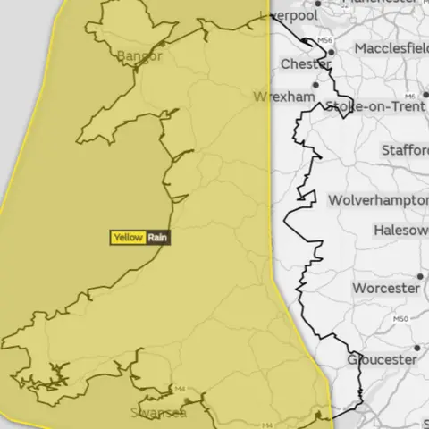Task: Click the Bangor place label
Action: click(x=139, y=56)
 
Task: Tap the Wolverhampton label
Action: click(x=377, y=200)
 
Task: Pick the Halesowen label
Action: click(x=402, y=230)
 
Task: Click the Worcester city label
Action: click(x=386, y=289)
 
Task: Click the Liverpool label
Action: click(x=288, y=16)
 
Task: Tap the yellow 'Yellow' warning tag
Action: click(x=127, y=238)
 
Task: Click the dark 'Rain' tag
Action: click(x=157, y=238)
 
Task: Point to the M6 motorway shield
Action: click(x=410, y=96)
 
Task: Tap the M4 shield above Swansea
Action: click(x=180, y=389)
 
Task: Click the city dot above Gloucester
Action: click(x=416, y=348)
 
